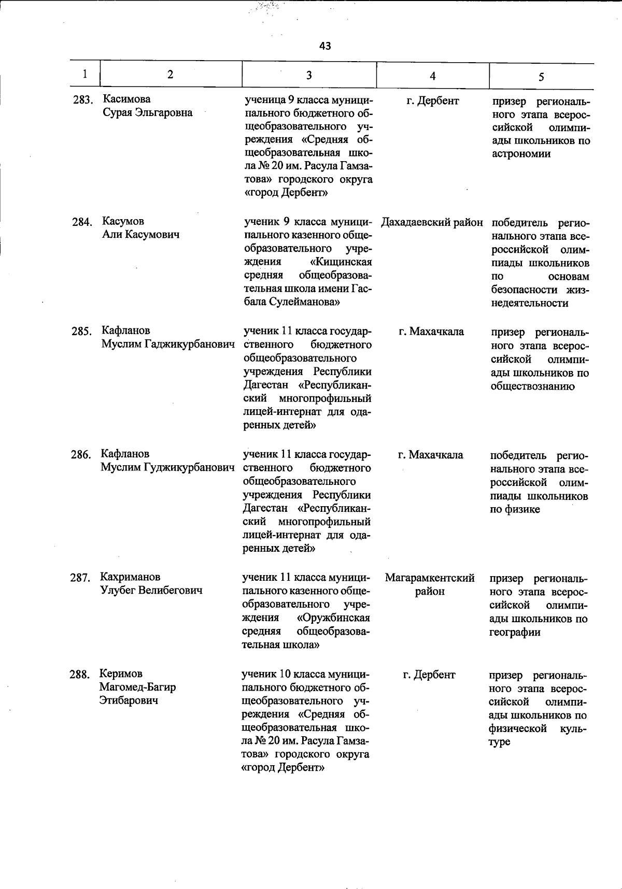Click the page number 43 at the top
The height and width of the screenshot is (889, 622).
pyautogui.click(x=325, y=46)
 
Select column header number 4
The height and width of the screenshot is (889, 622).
pyautogui.click(x=432, y=76)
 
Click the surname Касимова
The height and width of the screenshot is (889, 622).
pyautogui.click(x=127, y=99)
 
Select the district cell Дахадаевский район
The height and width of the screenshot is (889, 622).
pyautogui.click(x=432, y=223)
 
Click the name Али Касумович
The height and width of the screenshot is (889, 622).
pyautogui.click(x=140, y=235)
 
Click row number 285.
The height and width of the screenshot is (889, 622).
pyautogui.click(x=81, y=331)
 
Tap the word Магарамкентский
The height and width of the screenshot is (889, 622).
pyautogui.click(x=430, y=578)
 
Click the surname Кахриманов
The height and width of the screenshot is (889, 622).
pyautogui.click(x=130, y=577)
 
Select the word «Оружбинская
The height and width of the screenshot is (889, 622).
pyautogui.click(x=333, y=618)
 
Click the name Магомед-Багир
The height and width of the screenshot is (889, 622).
pyautogui.click(x=137, y=687)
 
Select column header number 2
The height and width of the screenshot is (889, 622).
pyautogui.click(x=170, y=75)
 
